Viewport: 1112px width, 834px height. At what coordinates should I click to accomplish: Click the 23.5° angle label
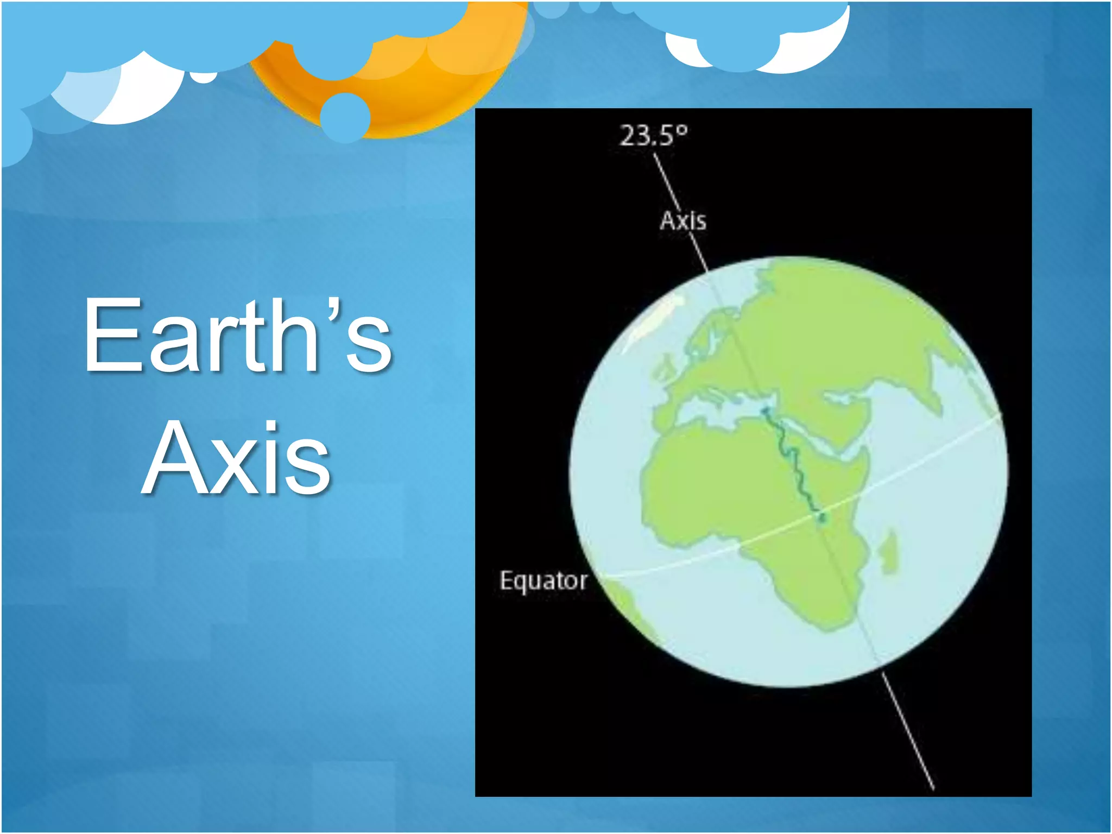653,136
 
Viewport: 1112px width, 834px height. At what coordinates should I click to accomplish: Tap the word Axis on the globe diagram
683,221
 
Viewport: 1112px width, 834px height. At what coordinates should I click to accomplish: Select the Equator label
543,580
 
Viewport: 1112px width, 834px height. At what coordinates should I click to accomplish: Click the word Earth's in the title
238,336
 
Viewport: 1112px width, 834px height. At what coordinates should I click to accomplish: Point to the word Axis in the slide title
237,459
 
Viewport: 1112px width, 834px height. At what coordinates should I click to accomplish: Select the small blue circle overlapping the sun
345,117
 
